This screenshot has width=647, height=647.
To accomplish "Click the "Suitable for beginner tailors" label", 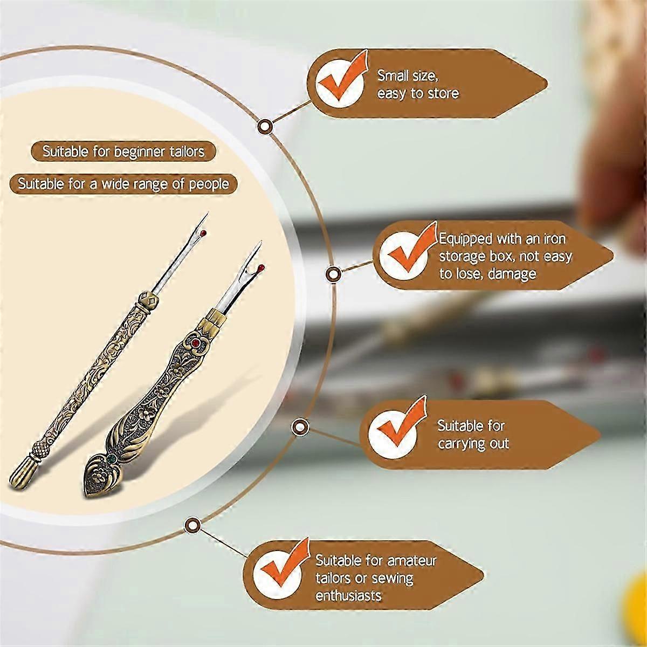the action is tap(123, 152).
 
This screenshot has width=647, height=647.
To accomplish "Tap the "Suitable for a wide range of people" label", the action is tap(123, 184).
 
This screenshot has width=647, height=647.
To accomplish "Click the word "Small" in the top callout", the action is tap(390, 75).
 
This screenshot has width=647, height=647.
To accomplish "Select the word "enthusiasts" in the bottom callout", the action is tap(348, 596).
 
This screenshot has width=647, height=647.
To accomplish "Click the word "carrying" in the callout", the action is tap(462, 444).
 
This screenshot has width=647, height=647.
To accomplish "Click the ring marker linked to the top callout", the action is tap(265, 126).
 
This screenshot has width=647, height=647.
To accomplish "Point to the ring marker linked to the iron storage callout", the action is tap(333, 274).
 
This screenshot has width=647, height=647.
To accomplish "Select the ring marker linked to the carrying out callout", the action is tap(300, 427).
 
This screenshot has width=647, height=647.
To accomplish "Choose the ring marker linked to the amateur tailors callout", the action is tap(192, 525).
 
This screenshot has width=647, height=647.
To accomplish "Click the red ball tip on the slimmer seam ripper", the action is tap(203, 233).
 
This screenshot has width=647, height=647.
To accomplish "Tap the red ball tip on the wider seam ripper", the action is tap(261, 267).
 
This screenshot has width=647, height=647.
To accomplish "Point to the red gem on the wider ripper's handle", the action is tap(195, 343).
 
